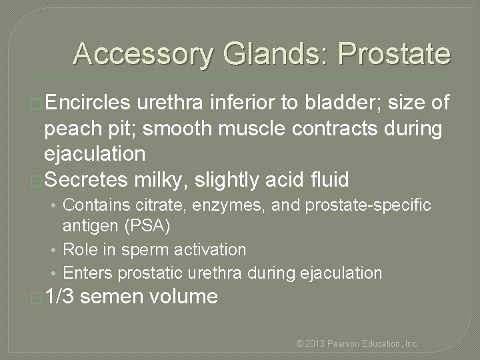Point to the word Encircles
tap(89, 103)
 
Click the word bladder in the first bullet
tap(334, 103)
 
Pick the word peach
tap(71, 128)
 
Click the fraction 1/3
tap(61, 296)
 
